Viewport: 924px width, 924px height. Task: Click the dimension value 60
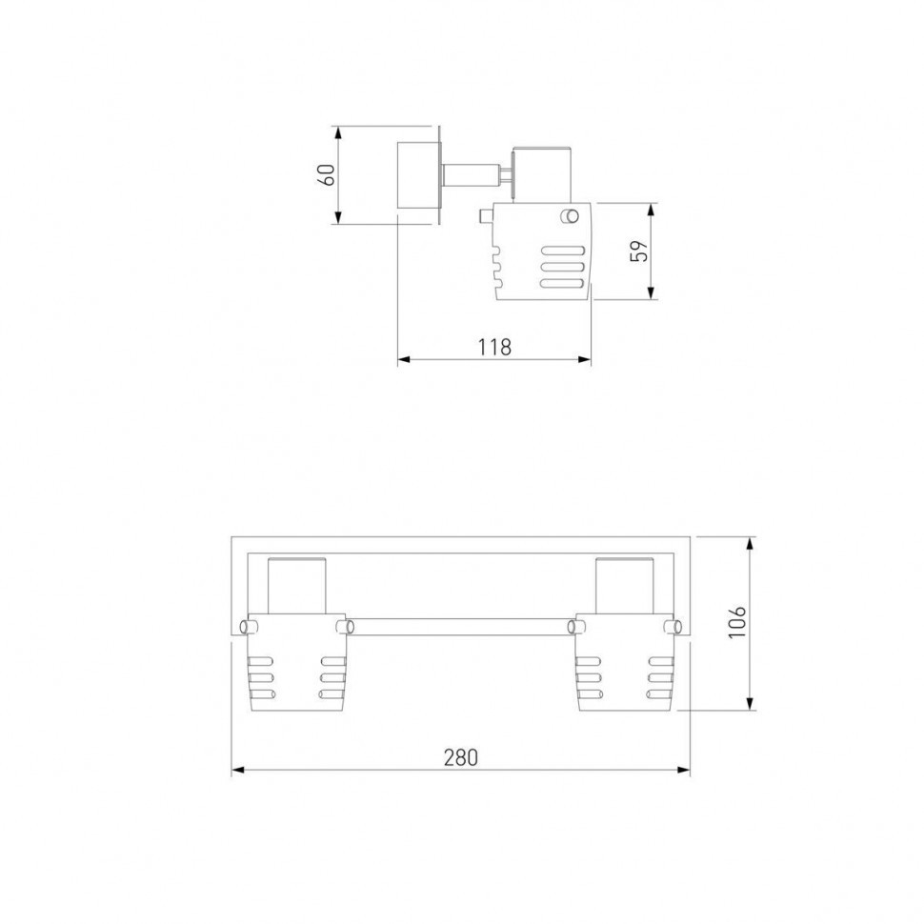click(x=327, y=174)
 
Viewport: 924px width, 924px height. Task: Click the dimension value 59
click(x=638, y=251)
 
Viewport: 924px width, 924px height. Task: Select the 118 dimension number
click(x=494, y=347)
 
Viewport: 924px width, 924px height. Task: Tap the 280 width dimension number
click(x=461, y=757)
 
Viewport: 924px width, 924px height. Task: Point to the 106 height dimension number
click(x=736, y=622)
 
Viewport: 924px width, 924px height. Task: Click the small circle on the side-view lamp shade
click(x=570, y=216)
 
